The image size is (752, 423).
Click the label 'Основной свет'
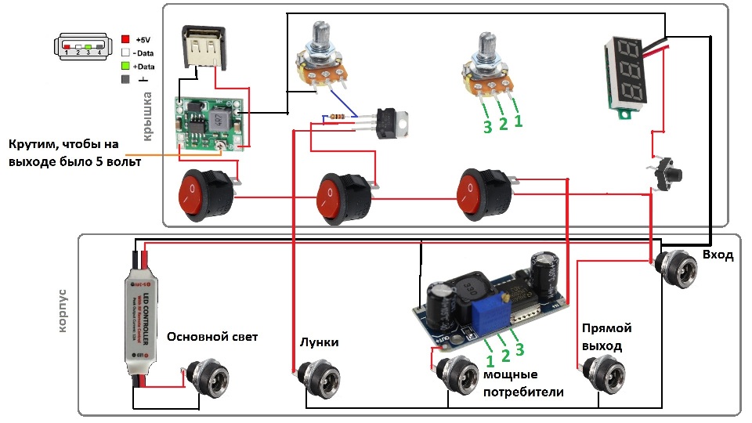(212, 337)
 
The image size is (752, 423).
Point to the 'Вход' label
(718, 255)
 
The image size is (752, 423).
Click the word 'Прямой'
(606, 328)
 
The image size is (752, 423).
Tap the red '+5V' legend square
(126, 38)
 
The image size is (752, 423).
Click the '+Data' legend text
(144, 66)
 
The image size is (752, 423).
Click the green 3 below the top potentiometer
(487, 126)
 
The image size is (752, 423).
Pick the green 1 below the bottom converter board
(490, 361)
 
